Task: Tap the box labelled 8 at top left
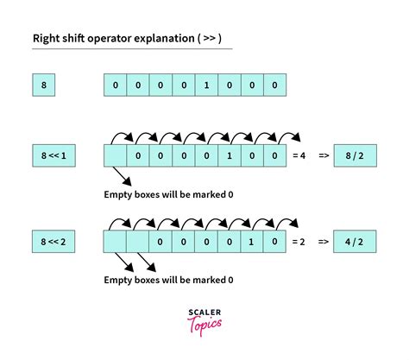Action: (x=43, y=85)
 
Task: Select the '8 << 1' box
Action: (x=53, y=156)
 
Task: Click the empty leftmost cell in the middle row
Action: (x=115, y=156)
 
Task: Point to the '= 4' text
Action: (x=299, y=156)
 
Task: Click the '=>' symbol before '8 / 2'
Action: (x=323, y=156)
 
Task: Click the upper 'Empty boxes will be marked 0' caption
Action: (x=167, y=195)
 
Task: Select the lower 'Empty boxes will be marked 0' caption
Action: (x=167, y=281)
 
